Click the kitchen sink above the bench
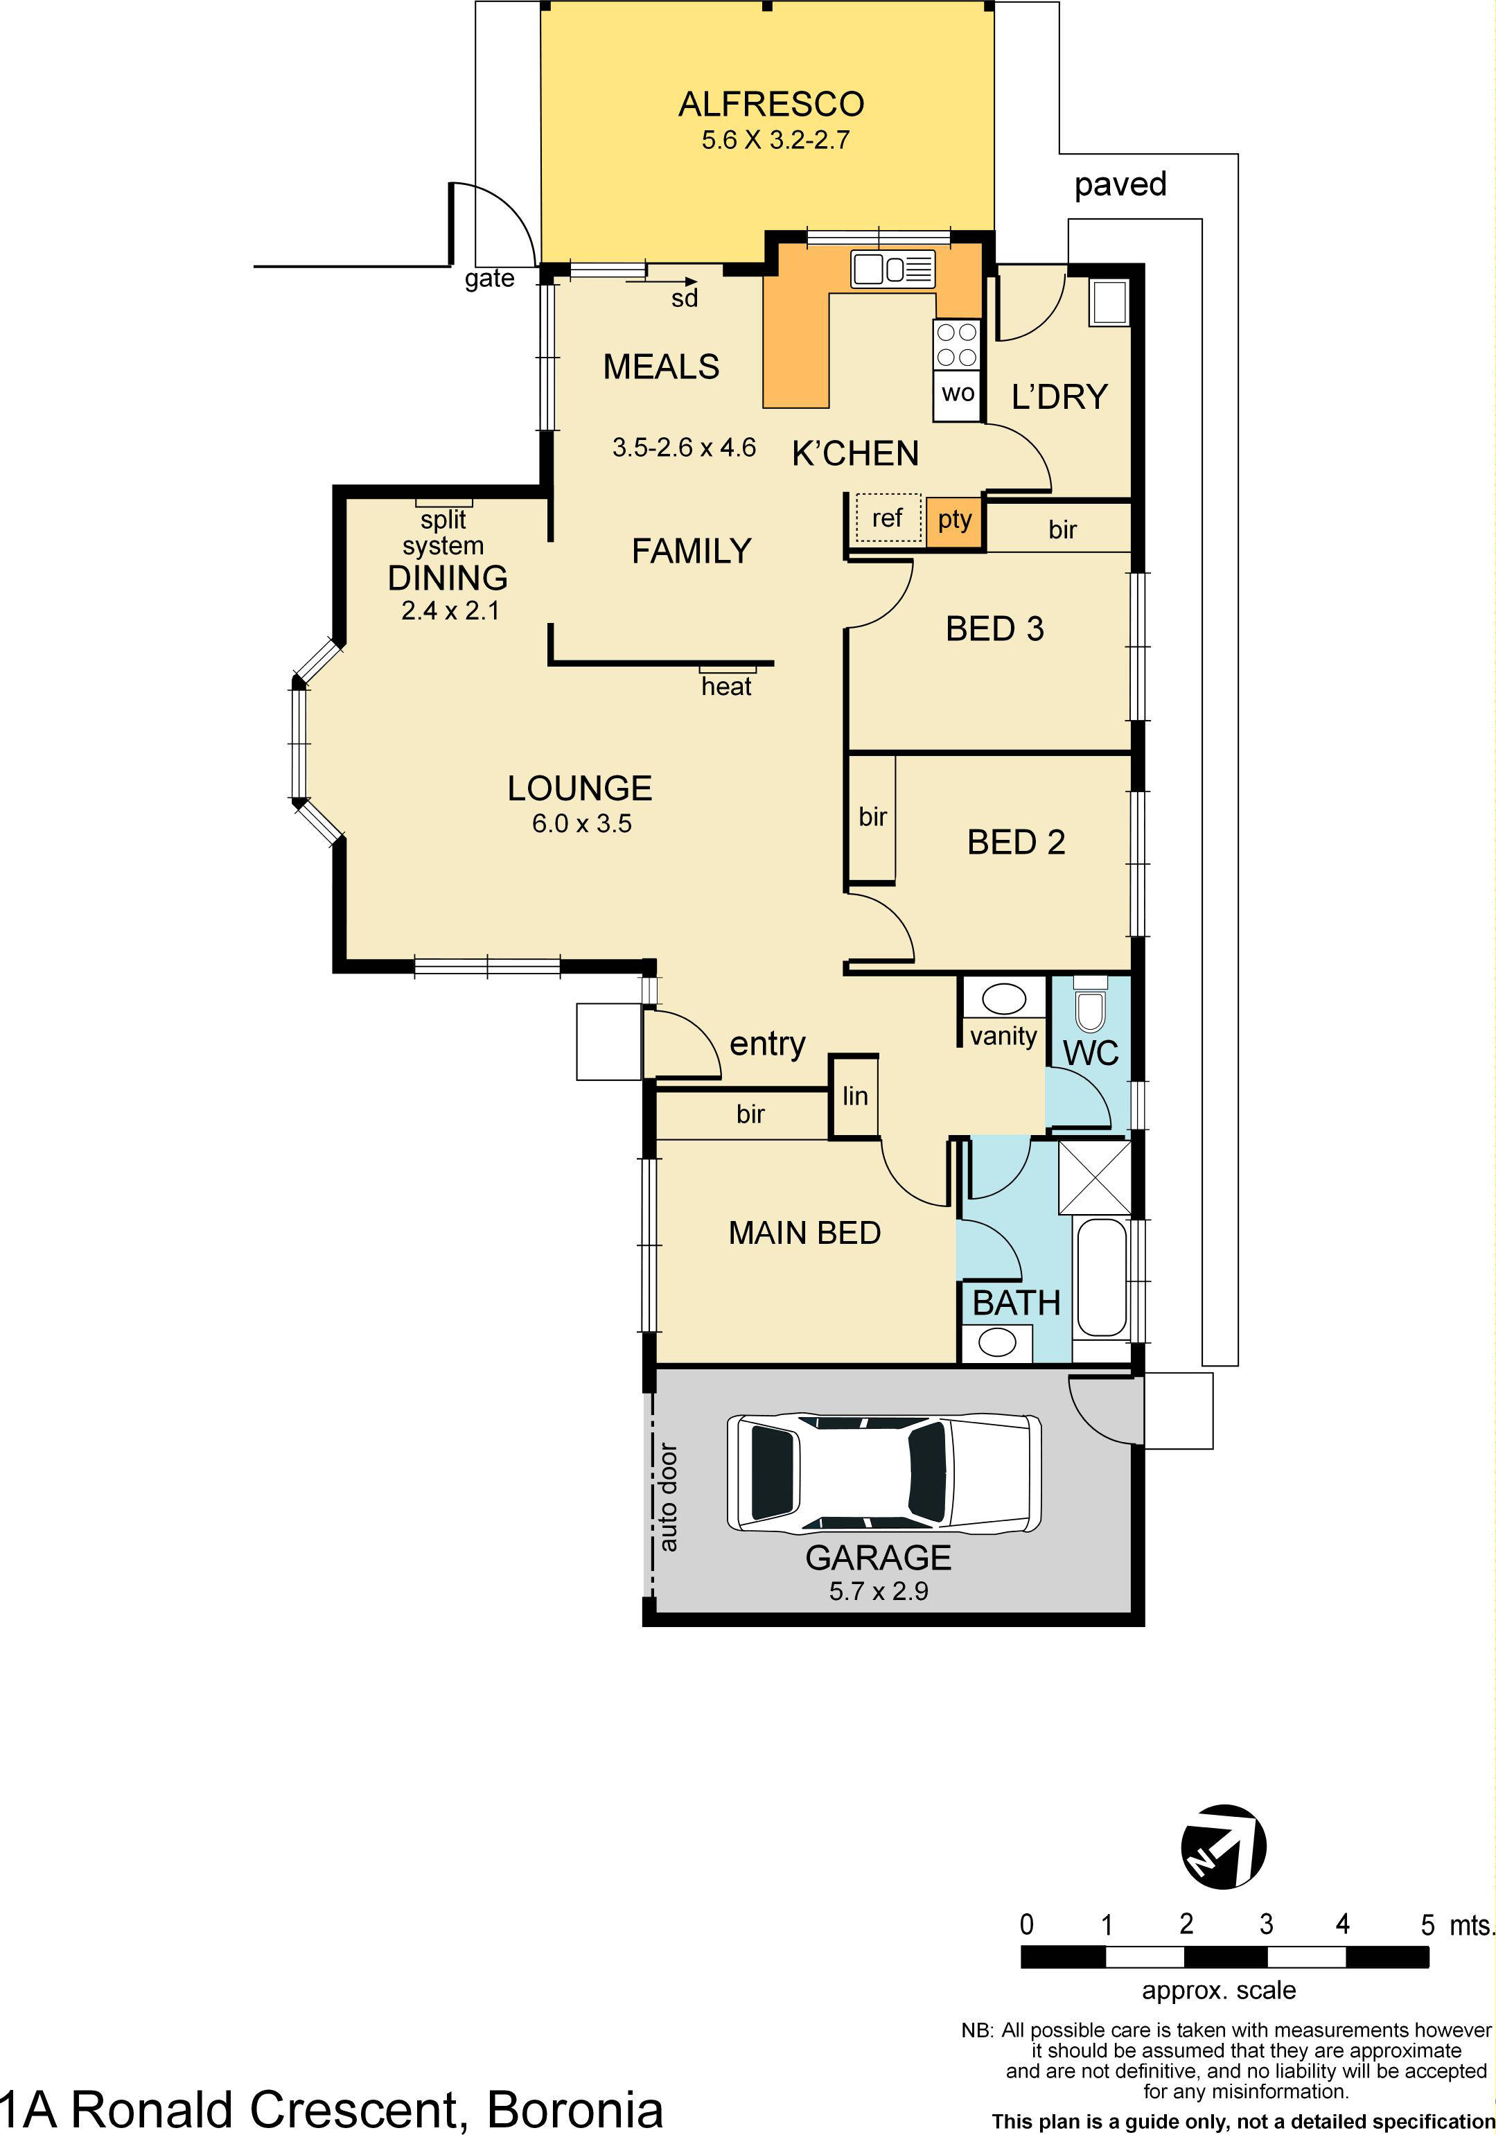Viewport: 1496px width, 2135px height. pos(892,270)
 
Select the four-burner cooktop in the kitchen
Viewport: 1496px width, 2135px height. pos(957,344)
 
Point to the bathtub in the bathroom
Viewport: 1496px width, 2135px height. pos(1102,1278)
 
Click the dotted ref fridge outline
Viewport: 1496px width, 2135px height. pos(887,518)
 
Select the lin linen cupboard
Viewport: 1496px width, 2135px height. pos(854,1096)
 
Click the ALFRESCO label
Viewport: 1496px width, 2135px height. pos(771,104)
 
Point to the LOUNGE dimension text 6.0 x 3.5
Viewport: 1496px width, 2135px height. pos(581,824)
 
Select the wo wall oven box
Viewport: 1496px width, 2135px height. pos(957,394)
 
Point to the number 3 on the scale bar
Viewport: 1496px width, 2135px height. pos(1265,1924)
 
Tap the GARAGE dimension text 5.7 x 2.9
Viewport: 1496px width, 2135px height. pos(878,1591)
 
